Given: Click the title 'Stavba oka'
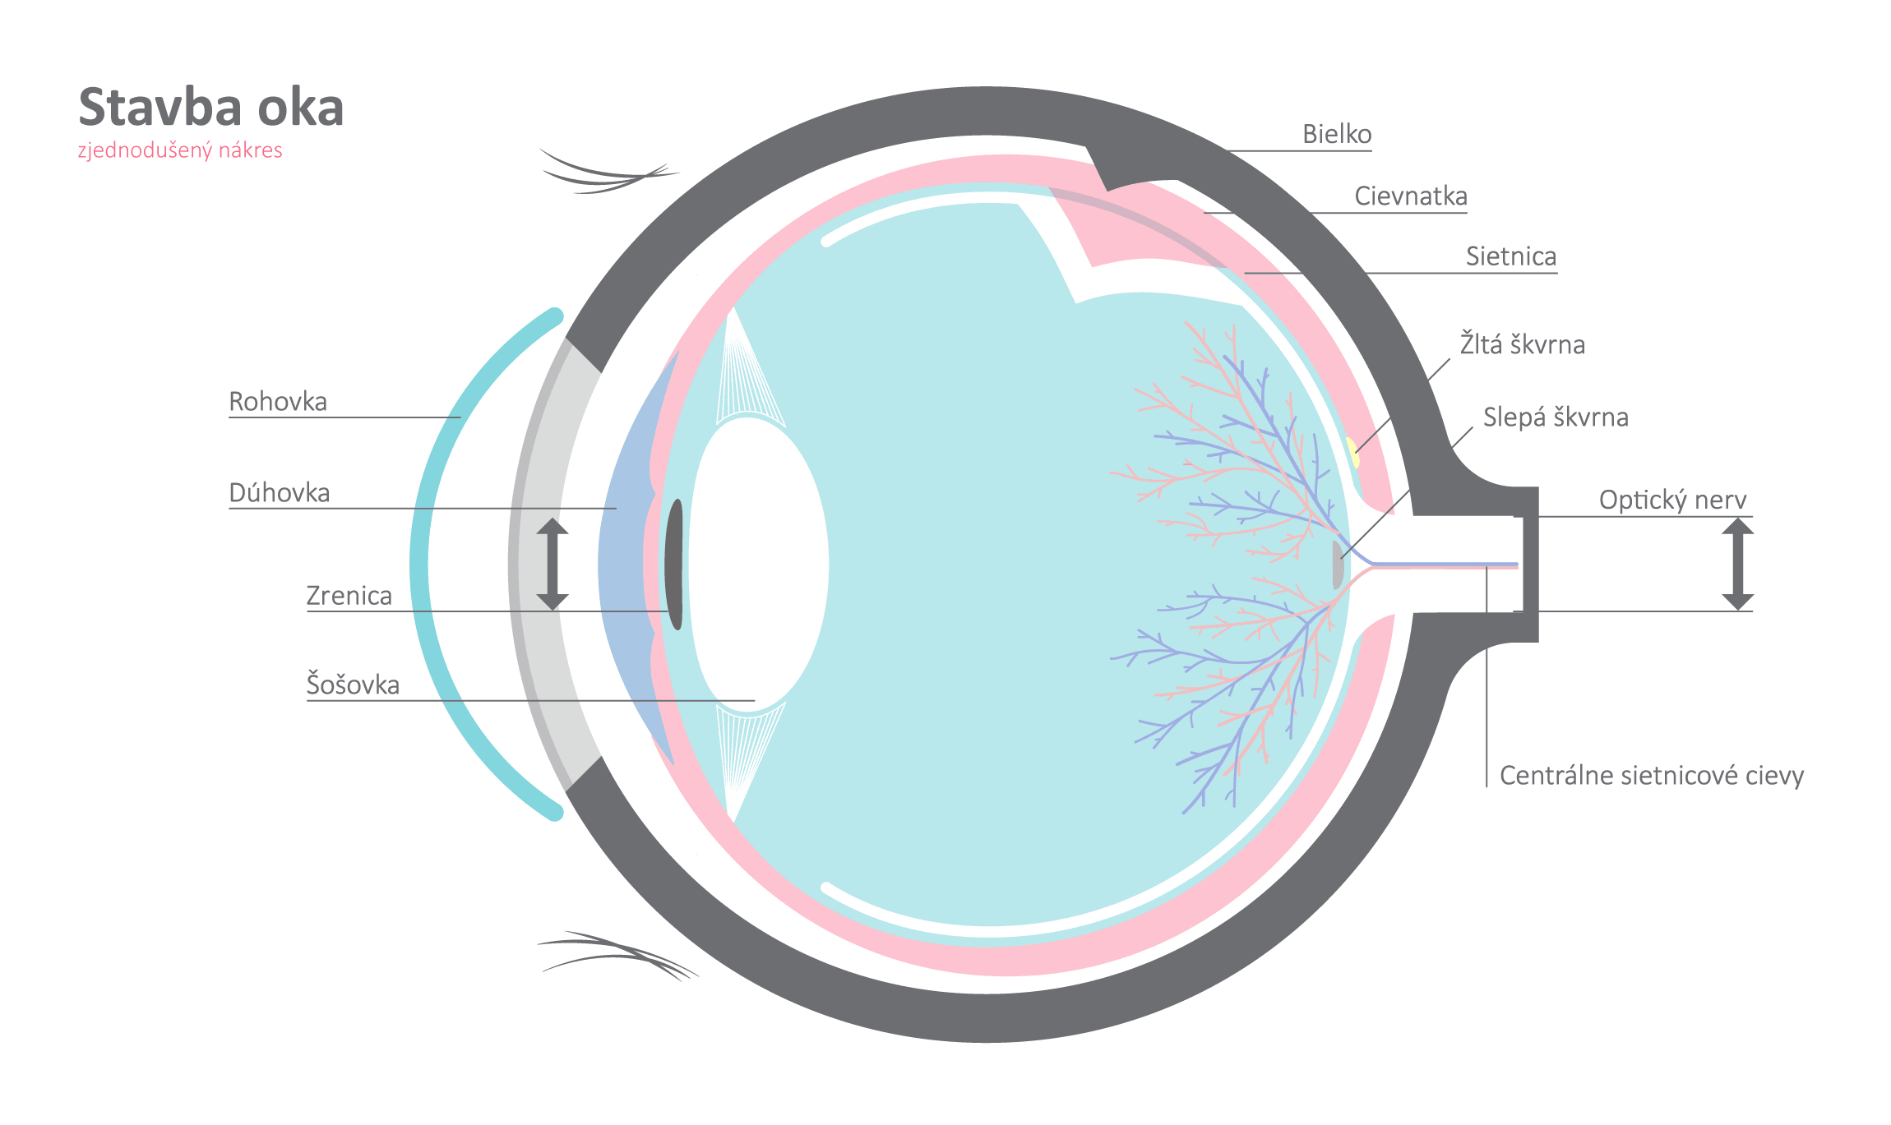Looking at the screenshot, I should (211, 108).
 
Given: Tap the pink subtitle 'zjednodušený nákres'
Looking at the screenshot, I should (180, 150).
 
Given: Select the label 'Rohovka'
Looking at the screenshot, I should (278, 402).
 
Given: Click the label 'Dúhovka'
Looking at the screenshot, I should (280, 493).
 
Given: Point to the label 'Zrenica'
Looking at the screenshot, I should (349, 596).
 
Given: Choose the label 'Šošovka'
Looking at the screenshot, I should (353, 685).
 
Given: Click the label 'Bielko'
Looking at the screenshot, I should (1337, 134).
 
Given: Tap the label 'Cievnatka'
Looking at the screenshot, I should (1411, 196).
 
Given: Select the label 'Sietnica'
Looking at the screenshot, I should (1511, 256).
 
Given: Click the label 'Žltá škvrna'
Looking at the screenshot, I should (1523, 344).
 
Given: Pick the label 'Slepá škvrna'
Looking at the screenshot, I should (1556, 417).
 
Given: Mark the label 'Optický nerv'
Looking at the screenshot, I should (1672, 500).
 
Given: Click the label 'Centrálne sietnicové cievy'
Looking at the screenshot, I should (1652, 776).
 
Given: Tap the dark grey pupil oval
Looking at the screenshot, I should (674, 565).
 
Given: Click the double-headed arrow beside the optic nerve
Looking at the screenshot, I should (1737, 565).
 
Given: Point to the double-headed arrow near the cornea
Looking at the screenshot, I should (553, 565).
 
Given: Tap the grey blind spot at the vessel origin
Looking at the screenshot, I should (1338, 565).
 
